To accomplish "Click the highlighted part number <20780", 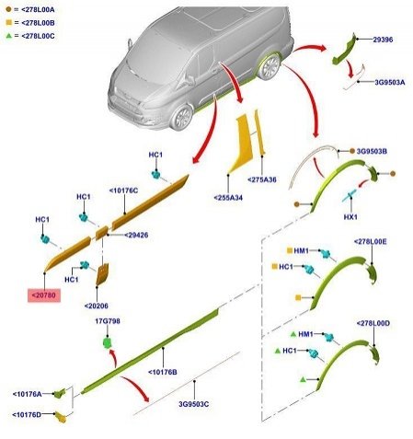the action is [44, 295].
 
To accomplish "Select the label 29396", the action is [383, 40].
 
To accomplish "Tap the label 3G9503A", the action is [390, 82].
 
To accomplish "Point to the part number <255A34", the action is [228, 198].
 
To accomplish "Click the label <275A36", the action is [262, 179].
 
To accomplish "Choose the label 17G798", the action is [108, 321].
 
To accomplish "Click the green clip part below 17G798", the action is [107, 342].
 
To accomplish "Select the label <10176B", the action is [163, 372].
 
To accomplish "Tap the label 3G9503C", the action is [194, 404].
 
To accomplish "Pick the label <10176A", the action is [27, 394].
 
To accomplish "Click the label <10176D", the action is [27, 415].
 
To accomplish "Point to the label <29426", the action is [136, 236].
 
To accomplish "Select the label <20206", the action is [97, 306].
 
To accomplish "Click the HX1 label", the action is [350, 217].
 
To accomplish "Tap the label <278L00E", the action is [371, 242].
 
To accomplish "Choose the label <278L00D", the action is [373, 323].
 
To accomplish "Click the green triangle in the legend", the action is [9, 36].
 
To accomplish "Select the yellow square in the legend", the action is [9, 23].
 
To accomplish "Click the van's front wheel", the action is [182, 118].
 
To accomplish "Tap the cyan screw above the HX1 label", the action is [350, 195].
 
